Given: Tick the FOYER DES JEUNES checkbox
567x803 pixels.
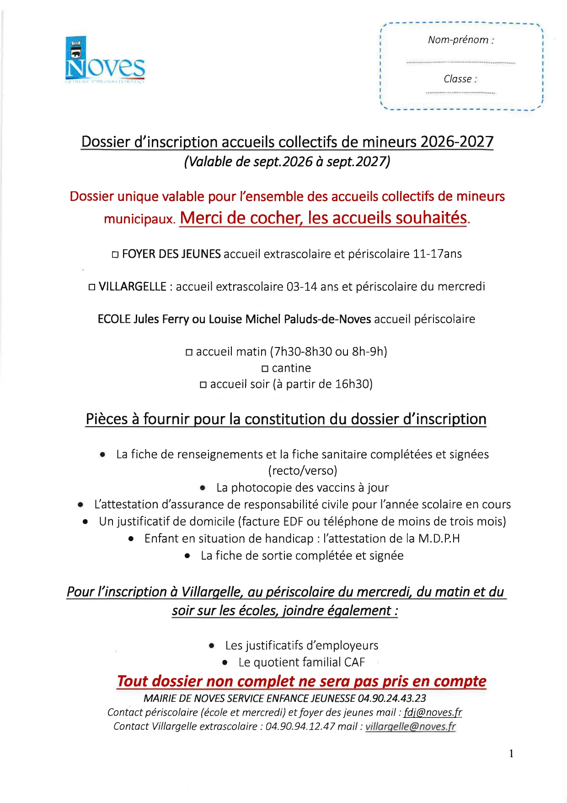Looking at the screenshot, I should tap(115, 255).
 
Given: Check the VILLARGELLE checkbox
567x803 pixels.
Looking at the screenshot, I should tap(92, 288).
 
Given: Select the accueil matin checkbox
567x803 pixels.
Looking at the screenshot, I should tap(189, 353).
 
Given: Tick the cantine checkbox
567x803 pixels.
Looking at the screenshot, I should tap(265, 369).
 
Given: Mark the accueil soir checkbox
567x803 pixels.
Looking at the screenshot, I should tap(203, 385).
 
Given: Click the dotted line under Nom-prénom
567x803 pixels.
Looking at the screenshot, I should tap(460, 62).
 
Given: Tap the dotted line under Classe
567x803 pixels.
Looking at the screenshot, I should tap(460, 93).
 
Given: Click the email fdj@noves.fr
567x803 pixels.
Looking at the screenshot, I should tap(433, 712).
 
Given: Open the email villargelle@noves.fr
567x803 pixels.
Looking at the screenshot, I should tap(410, 727).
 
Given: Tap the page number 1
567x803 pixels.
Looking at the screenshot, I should tap(511, 754).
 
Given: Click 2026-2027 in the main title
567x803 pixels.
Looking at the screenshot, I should tap(457, 142).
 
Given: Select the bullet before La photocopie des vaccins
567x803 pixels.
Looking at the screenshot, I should tap(203, 488).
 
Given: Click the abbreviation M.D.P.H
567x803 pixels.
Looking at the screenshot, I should tap(439, 539).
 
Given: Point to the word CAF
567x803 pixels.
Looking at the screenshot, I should tap(354, 662).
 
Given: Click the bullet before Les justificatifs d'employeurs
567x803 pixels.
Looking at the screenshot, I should tap(212, 646).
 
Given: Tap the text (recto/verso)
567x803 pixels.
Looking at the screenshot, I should tap(303, 471).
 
